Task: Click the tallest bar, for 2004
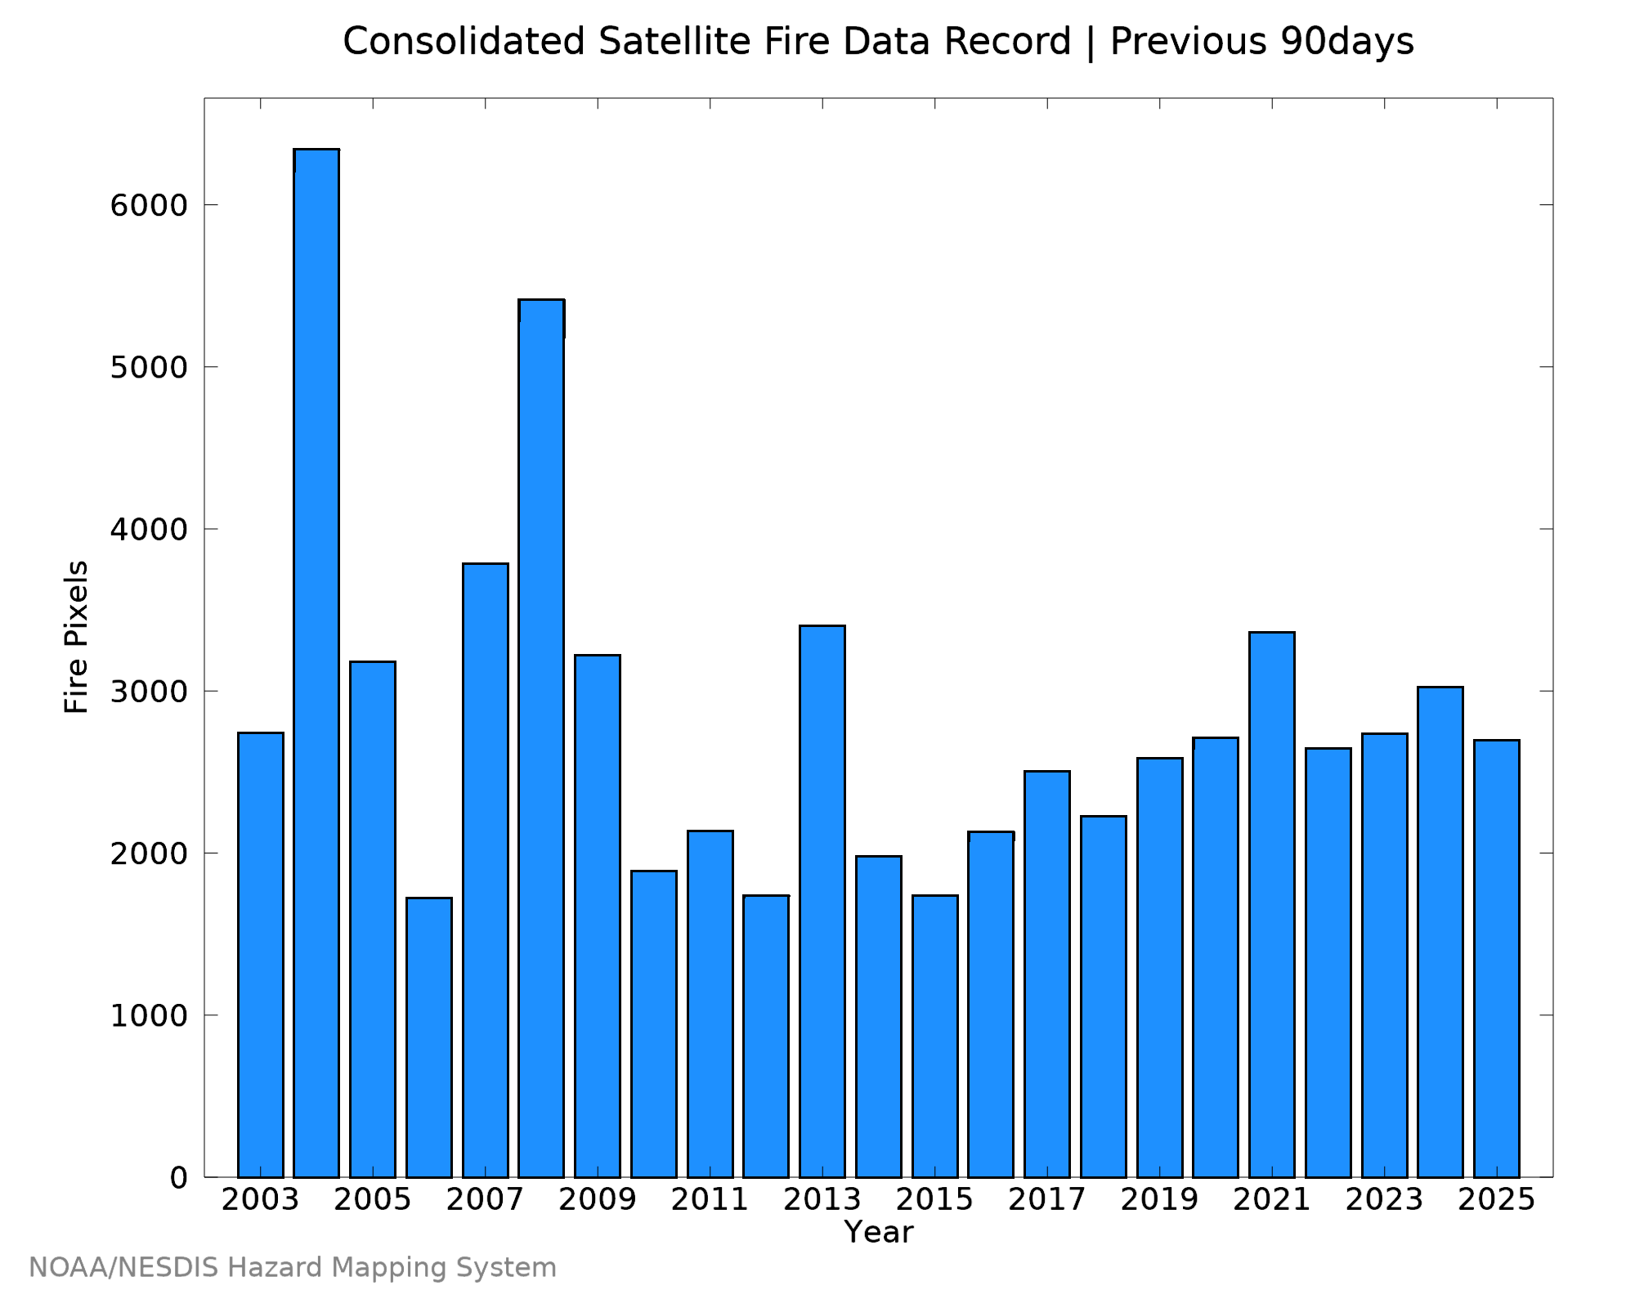[316, 663]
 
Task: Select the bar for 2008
[541, 738]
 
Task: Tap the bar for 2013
[822, 901]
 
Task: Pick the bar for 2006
[429, 1037]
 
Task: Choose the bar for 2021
[1272, 904]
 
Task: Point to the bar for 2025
[1497, 958]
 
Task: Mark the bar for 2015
[935, 1036]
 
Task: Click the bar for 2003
[261, 955]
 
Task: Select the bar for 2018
[1104, 997]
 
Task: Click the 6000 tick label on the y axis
[149, 204]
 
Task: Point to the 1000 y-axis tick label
[149, 1015]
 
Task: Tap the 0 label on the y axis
[179, 1178]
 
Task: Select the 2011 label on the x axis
[710, 1200]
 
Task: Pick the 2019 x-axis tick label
[1159, 1200]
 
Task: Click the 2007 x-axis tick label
[485, 1200]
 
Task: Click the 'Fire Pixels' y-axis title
[76, 637]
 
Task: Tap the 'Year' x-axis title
[879, 1232]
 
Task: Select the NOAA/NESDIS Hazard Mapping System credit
[293, 1268]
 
